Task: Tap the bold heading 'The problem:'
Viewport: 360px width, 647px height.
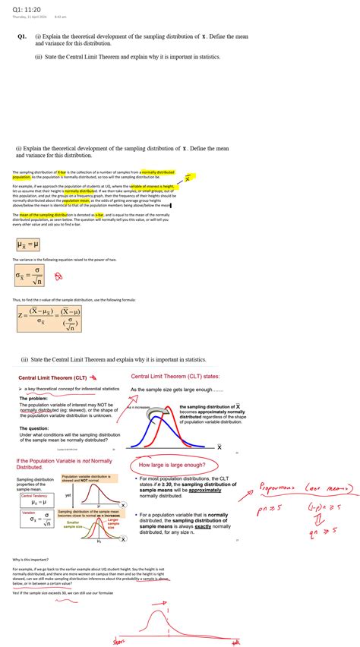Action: coord(33,399)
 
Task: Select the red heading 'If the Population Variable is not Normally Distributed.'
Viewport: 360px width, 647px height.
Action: coord(64,464)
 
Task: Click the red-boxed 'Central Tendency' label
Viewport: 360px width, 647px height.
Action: coord(33,494)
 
